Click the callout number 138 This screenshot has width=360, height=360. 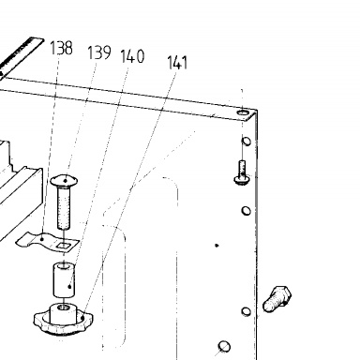click(x=61, y=48)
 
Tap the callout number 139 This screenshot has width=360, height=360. click(x=99, y=52)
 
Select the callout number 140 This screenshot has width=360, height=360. click(x=132, y=56)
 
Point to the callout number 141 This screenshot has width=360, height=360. click(x=177, y=62)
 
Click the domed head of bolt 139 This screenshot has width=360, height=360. click(x=65, y=180)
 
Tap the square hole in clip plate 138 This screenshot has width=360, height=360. click(x=64, y=246)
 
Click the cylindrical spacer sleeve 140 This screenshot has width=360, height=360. click(x=64, y=280)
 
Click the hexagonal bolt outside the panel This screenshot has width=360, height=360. click(x=277, y=299)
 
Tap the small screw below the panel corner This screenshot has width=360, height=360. click(x=242, y=172)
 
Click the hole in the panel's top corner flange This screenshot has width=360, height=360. click(x=243, y=112)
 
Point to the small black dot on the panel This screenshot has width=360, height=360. click(x=217, y=246)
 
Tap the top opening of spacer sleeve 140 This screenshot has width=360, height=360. click(x=64, y=266)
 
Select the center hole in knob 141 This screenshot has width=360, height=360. click(x=64, y=307)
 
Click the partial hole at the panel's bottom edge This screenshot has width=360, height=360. click(x=224, y=346)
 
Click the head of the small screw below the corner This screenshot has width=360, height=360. click(x=242, y=180)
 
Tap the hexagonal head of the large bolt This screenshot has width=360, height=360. click(x=283, y=293)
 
